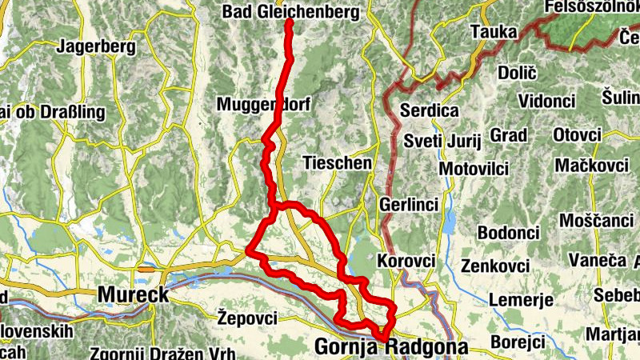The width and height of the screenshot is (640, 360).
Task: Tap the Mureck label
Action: [x=133, y=294]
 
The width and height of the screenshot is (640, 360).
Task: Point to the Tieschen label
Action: [x=338, y=163]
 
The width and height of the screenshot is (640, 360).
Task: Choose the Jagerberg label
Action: [x=97, y=46]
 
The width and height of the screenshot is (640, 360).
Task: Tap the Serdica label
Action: [x=430, y=110]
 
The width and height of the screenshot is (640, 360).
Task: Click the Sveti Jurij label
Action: [x=442, y=142]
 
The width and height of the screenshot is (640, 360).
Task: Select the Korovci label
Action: [x=406, y=262]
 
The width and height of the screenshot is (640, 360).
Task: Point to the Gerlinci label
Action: [x=410, y=205]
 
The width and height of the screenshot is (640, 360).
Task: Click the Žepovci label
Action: [x=246, y=318]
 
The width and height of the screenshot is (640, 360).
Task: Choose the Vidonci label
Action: [x=546, y=101]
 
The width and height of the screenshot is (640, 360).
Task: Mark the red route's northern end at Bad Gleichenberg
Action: [x=289, y=22]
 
